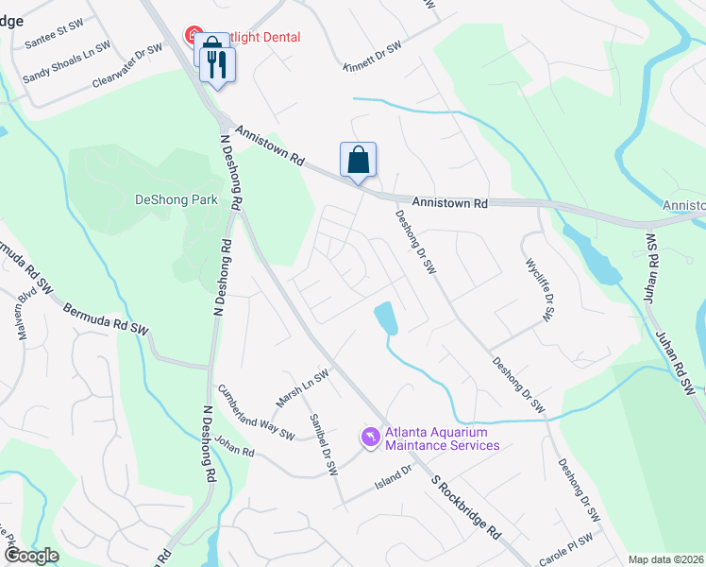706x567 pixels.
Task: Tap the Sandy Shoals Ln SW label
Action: click(66, 60)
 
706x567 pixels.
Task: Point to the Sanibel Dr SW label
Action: click(322, 443)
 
